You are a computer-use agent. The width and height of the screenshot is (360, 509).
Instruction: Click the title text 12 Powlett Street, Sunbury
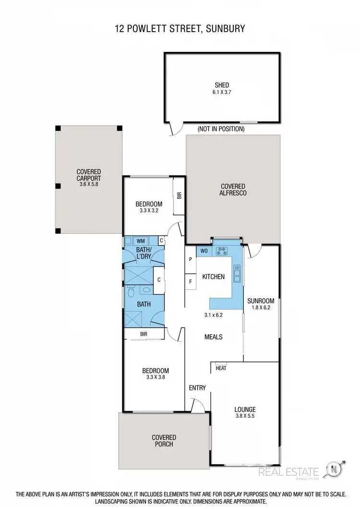(x=180, y=29)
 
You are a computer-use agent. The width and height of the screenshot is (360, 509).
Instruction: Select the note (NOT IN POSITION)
(x=221, y=129)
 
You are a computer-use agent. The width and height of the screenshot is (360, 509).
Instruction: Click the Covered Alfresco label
(x=233, y=189)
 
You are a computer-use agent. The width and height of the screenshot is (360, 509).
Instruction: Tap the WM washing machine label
(x=141, y=240)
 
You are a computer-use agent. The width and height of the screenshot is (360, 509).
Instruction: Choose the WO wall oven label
(x=204, y=250)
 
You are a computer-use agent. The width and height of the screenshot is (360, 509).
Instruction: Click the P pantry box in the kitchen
(x=191, y=260)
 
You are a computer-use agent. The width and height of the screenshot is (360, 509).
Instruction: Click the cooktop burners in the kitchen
(x=222, y=249)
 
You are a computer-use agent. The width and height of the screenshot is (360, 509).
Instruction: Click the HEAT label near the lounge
(x=221, y=368)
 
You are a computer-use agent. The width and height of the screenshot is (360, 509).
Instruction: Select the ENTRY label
(x=197, y=388)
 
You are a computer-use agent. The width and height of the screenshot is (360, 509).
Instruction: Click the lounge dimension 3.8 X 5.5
(x=245, y=417)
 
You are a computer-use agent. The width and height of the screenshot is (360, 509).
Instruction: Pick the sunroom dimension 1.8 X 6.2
(x=261, y=308)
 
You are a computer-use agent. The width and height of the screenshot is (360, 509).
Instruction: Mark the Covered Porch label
(x=164, y=440)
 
